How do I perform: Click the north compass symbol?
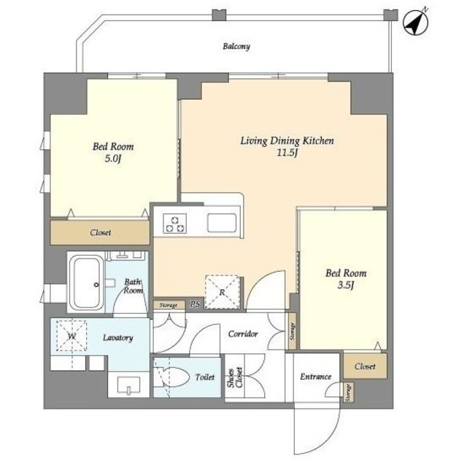[x=415, y=23]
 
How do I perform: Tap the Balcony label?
[x=236, y=47]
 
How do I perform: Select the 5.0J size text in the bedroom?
[x=113, y=160]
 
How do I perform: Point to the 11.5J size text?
[x=287, y=153]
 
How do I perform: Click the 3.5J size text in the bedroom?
[x=346, y=286]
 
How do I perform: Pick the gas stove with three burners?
[x=175, y=223]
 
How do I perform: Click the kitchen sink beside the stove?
[x=222, y=223]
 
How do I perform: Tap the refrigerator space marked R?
[x=222, y=292]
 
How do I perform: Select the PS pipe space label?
[x=195, y=304]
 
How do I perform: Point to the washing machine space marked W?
[x=72, y=336]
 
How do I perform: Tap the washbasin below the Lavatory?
[x=128, y=385]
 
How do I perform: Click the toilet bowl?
[x=173, y=377]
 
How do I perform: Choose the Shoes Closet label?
[x=235, y=378]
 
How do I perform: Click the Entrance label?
[x=316, y=377]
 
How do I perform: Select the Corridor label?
[x=243, y=334]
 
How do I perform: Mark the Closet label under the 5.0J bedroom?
[x=101, y=232]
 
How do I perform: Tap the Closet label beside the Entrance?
[x=365, y=366]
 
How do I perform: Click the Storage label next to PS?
[x=169, y=305]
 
